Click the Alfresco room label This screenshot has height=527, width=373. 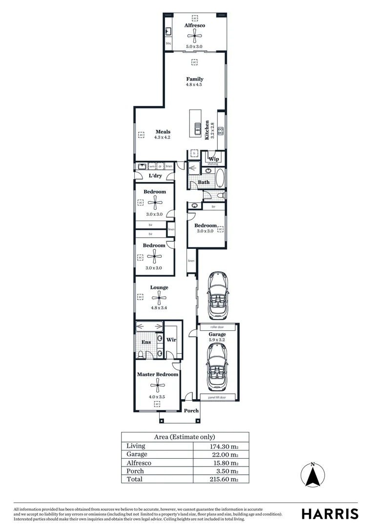pos(194,25)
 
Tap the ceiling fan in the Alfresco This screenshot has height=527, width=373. pos(194,35)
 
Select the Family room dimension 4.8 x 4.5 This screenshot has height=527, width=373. pos(194,85)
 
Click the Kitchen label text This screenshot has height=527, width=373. pos(207,130)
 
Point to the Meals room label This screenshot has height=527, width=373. pos(163,132)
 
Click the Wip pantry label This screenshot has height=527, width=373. pos(213,159)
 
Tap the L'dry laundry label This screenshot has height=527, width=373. pos(155,176)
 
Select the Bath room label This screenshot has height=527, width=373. pos(204,182)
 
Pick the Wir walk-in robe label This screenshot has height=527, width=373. pos(171,340)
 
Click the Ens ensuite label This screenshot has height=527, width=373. pos(146,343)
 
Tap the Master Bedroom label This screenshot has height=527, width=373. pos(157,374)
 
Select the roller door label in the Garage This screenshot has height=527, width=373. pos(217,327)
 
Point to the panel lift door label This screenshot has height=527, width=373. pos(217,398)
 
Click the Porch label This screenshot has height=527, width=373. pos(191,410)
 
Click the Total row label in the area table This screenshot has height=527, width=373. pos(134,479)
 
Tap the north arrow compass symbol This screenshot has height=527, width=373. pos(313,474)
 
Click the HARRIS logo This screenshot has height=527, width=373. pos(330,513)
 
